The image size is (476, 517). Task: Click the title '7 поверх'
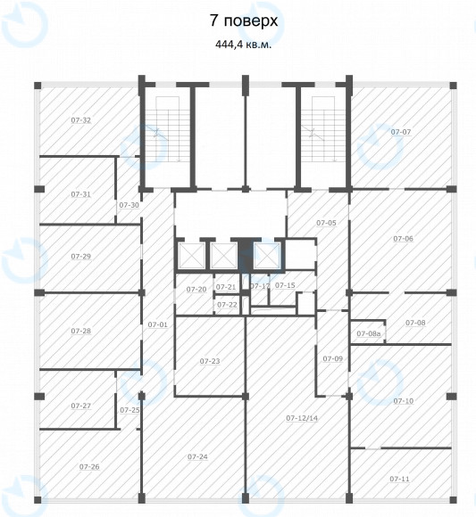pyautogui.click(x=244, y=21)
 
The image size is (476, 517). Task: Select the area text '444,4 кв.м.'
pyautogui.click(x=244, y=45)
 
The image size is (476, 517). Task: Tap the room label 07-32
pyautogui.click(x=81, y=120)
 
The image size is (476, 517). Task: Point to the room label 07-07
pyautogui.click(x=401, y=132)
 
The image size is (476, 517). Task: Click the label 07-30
pyautogui.click(x=129, y=205)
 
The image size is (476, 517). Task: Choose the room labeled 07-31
pyautogui.click(x=81, y=194)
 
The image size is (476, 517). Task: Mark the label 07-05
pyautogui.click(x=326, y=223)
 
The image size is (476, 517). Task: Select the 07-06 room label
pyautogui.click(x=404, y=238)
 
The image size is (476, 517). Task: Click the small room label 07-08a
pyautogui.click(x=369, y=333)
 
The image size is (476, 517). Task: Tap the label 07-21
pyautogui.click(x=226, y=287)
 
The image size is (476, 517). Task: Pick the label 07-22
pyautogui.click(x=227, y=305)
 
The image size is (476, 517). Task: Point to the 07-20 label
pyautogui.click(x=196, y=289)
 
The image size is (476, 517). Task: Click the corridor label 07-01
pyautogui.click(x=158, y=324)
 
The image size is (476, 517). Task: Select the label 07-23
pyautogui.click(x=210, y=361)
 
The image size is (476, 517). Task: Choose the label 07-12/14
pyautogui.click(x=302, y=418)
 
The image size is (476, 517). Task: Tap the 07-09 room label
pyautogui.click(x=333, y=358)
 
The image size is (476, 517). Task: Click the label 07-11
pyautogui.click(x=400, y=479)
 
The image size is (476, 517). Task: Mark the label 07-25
pyautogui.click(x=129, y=410)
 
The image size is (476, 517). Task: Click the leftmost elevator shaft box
pyautogui.click(x=191, y=256)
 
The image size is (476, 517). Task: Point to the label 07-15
pyautogui.click(x=285, y=285)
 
